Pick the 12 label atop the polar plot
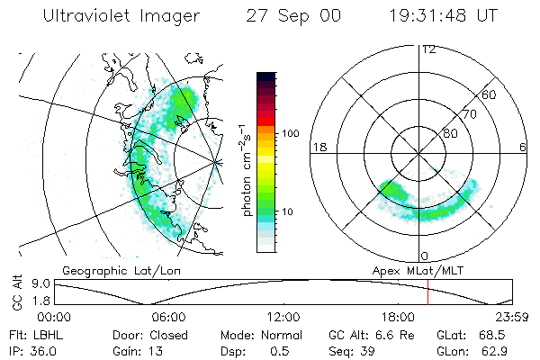427,49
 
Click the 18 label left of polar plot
318,147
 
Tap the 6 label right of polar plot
523,147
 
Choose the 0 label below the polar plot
426,256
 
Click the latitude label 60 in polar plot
489,94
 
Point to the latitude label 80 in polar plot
449,133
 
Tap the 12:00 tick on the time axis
283,317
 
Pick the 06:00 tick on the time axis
169,317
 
